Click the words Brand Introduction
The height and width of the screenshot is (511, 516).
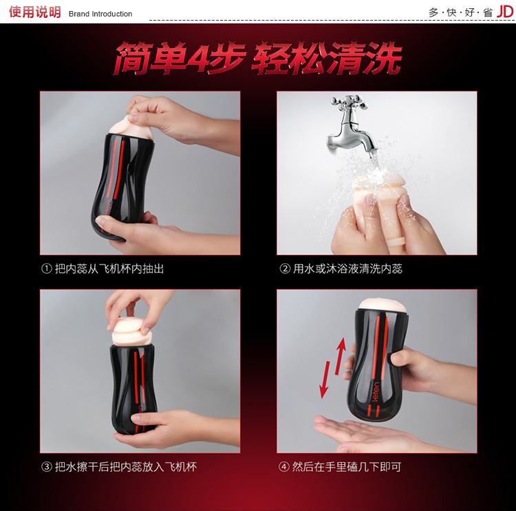click(100, 14)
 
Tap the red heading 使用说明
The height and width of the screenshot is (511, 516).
click(35, 12)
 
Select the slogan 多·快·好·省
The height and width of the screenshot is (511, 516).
click(461, 12)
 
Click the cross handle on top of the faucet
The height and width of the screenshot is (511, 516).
click(350, 101)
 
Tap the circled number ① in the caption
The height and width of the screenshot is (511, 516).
click(46, 269)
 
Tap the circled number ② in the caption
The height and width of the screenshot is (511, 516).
click(285, 269)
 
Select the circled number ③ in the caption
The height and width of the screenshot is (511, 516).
click(46, 466)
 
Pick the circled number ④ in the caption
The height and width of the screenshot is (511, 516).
click(283, 466)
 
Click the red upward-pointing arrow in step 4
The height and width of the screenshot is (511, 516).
click(341, 356)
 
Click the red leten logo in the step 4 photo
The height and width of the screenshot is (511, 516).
click(376, 392)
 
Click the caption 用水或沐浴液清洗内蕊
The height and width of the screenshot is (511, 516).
click(347, 269)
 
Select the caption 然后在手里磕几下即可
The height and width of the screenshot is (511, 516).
click(347, 466)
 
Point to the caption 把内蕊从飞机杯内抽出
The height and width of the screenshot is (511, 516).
click(109, 269)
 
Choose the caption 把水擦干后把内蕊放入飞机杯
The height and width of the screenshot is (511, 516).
click(126, 466)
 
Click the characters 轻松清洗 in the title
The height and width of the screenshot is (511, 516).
click(326, 58)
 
